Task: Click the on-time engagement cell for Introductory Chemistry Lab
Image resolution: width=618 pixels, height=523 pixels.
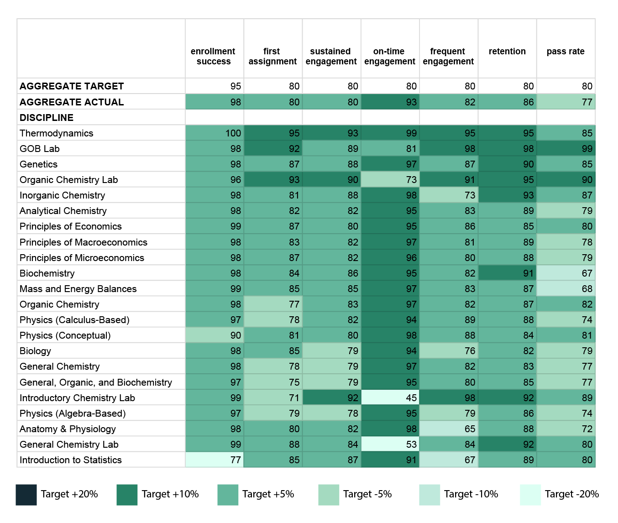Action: (390, 397)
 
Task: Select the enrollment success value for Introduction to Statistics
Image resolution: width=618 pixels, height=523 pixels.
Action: (236, 460)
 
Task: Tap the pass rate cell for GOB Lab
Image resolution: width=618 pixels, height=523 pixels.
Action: (566, 148)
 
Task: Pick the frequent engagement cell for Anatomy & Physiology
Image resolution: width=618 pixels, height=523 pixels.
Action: (449, 429)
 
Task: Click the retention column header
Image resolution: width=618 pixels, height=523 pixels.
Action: (507, 52)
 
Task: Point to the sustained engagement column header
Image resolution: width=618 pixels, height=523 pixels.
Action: (331, 56)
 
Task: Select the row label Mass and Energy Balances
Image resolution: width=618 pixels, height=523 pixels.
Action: (78, 288)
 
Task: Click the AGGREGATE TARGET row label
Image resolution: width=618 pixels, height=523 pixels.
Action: (72, 86)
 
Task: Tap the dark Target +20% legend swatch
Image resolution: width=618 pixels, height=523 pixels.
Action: (26, 495)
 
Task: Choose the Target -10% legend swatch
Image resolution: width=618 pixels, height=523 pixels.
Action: (429, 495)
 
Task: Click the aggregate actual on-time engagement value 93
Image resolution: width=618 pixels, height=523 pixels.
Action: (411, 102)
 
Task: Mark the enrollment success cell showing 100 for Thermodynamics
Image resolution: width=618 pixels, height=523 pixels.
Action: (215, 133)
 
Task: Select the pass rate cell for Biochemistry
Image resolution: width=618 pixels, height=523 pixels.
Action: (566, 273)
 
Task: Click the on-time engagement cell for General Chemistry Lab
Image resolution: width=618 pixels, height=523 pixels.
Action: (390, 444)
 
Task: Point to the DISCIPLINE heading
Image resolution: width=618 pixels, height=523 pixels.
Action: (47, 118)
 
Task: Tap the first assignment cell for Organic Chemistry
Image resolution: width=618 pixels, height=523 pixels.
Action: (273, 304)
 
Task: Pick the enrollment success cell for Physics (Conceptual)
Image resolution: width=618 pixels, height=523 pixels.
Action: (215, 335)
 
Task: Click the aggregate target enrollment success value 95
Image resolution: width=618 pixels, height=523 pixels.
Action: (236, 86)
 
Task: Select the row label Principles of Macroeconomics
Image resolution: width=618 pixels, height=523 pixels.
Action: (84, 242)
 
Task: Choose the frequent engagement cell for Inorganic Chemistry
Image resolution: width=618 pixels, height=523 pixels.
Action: (449, 195)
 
